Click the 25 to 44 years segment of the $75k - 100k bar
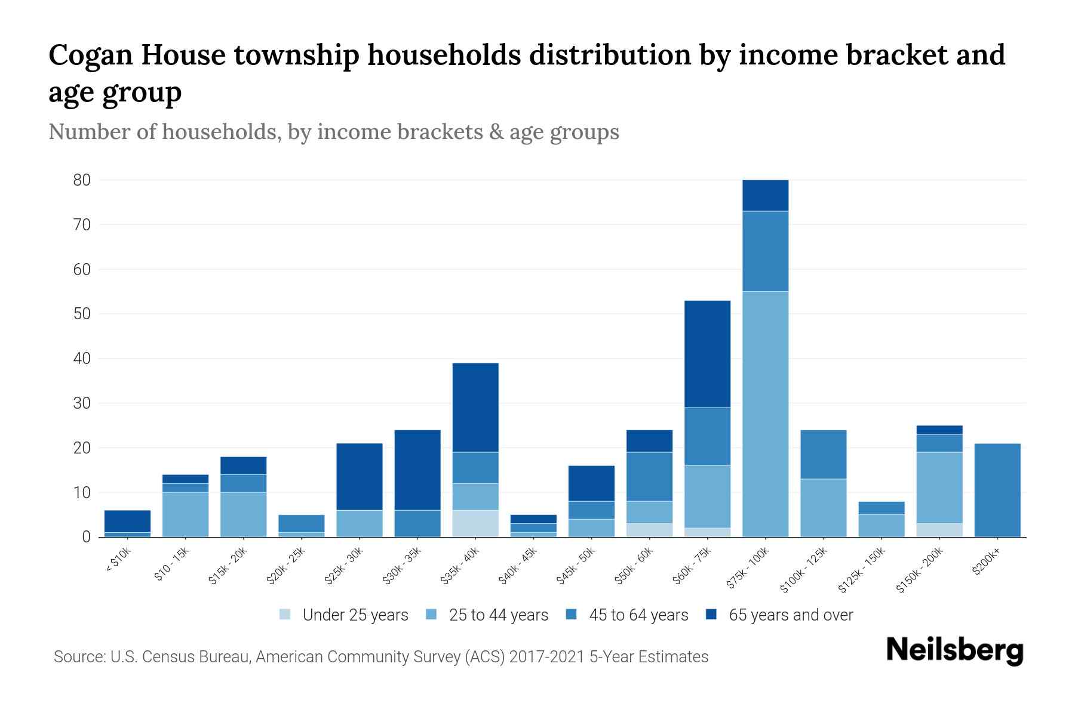coord(765,414)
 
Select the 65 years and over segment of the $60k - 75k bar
coord(707,354)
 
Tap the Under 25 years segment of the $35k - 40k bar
coord(475,523)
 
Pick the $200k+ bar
coord(997,490)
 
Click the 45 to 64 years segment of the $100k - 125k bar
coord(824,454)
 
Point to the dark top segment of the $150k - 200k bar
coord(939,430)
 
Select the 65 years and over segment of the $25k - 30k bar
coord(360,476)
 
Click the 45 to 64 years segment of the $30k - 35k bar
coord(417,523)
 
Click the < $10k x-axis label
coord(119,561)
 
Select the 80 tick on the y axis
coord(82,180)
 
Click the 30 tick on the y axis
coord(82,403)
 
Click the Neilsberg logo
coord(954,651)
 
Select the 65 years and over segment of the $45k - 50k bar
coord(591,483)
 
